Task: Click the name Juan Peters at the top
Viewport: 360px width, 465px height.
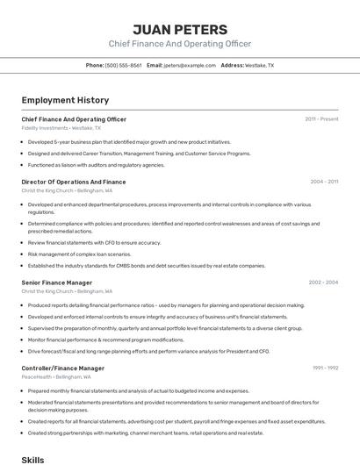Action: pyautogui.click(x=180, y=29)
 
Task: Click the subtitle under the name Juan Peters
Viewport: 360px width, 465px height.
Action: pyautogui.click(x=180, y=44)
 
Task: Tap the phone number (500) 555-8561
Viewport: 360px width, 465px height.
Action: pyautogui.click(x=123, y=65)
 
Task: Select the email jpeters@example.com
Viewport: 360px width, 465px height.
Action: pyautogui.click(x=190, y=65)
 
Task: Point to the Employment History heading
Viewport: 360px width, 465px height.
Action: pyautogui.click(x=65, y=100)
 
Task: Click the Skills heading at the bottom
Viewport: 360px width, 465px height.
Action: pyautogui.click(x=32, y=459)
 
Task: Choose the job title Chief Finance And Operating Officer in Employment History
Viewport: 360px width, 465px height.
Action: pyautogui.click(x=74, y=119)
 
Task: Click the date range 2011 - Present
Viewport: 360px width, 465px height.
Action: pyautogui.click(x=321, y=119)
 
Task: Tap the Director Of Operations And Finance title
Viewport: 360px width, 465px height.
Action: pyautogui.click(x=74, y=182)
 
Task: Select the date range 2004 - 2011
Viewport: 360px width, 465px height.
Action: pyautogui.click(x=324, y=182)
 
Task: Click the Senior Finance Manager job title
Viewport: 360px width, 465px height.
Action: pyautogui.click(x=57, y=283)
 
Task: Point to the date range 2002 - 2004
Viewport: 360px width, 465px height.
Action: pyautogui.click(x=323, y=283)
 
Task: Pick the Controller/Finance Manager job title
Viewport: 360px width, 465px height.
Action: pyautogui.click(x=63, y=368)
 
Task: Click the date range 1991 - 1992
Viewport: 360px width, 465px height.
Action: pyautogui.click(x=325, y=368)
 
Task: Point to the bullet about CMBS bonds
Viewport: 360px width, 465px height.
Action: pyautogui.click(x=146, y=266)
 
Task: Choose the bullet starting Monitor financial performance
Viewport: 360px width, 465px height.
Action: pyautogui.click(x=105, y=340)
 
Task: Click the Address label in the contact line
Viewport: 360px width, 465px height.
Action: pyautogui.click(x=232, y=65)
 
